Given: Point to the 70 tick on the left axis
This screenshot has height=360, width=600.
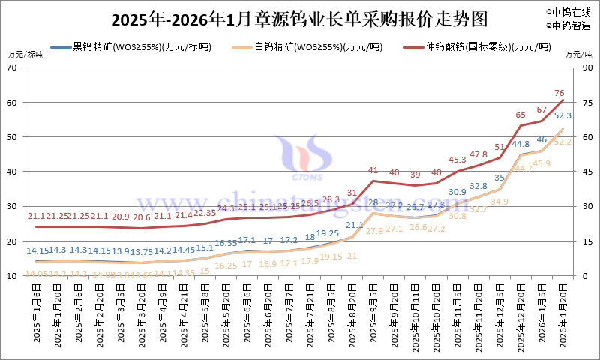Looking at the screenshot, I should pos(13,67).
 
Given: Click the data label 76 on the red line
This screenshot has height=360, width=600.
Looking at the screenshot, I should pos(559,93).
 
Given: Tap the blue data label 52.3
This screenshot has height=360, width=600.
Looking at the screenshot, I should pos(563,115).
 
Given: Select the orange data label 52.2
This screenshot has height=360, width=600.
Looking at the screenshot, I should pos(563,141).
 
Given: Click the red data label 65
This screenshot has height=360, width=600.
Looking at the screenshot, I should pos(520,115).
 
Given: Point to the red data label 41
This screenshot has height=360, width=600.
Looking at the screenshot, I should pos(373,170).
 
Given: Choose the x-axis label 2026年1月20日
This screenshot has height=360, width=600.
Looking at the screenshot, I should pos(563,315).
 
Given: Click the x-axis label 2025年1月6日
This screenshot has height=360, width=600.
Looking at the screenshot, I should pos(37,315).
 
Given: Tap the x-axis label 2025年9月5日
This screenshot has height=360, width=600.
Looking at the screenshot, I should pos(373,315).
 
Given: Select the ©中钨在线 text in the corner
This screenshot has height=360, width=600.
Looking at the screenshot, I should pos(568,12).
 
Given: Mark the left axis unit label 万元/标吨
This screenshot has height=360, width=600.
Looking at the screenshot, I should pos(25,54).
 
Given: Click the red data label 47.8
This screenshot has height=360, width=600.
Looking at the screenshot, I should pos(478,154).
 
